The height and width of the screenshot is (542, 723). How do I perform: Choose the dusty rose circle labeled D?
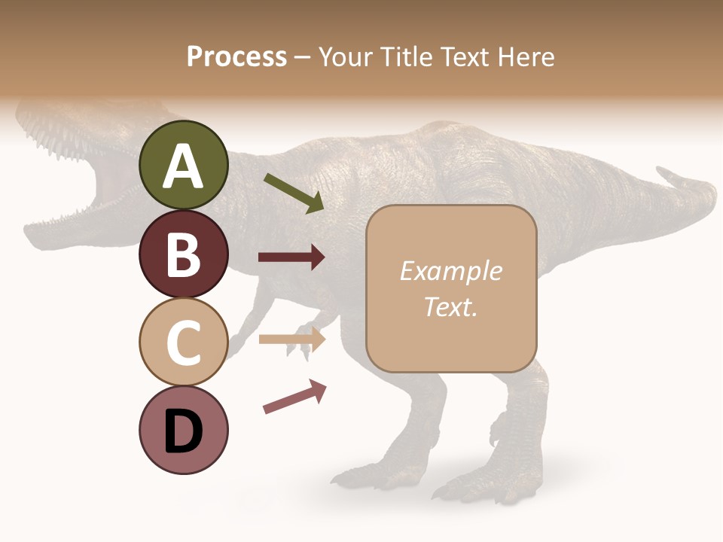pyautogui.click(x=183, y=430)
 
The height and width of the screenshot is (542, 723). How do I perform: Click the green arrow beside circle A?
pyautogui.click(x=294, y=193)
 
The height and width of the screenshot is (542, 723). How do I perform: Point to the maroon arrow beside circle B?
pyautogui.click(x=291, y=257)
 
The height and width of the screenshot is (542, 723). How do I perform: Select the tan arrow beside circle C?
pyautogui.click(x=291, y=339)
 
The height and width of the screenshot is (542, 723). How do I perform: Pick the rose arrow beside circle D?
pyautogui.click(x=294, y=397)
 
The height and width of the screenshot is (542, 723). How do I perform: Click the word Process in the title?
pyautogui.click(x=236, y=56)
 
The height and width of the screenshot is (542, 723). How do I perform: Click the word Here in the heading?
pyautogui.click(x=526, y=56)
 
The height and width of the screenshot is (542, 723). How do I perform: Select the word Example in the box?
pyautogui.click(x=450, y=271)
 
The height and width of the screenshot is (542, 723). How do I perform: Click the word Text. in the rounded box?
pyautogui.click(x=450, y=306)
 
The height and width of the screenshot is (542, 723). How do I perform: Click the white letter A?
pyautogui.click(x=183, y=166)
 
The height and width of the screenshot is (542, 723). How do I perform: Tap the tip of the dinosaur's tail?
pyautogui.click(x=663, y=174)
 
